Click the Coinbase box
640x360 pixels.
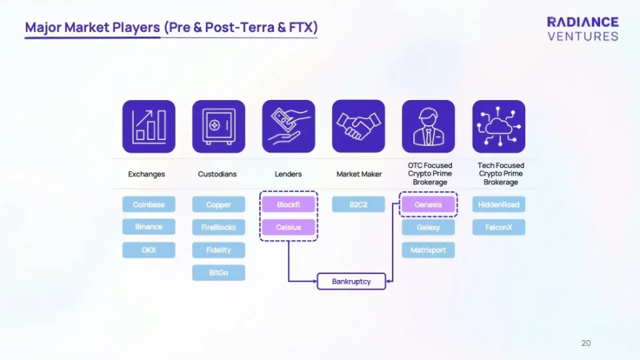tap(149, 204)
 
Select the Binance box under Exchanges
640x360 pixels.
tap(149, 227)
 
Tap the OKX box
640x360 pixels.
tap(149, 250)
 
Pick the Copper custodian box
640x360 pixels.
tap(219, 204)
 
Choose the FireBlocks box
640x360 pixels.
tap(219, 227)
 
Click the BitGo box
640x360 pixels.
tap(219, 273)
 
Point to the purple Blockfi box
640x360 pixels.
tap(288, 204)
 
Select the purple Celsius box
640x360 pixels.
tap(288, 227)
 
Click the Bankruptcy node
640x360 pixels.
tap(352, 281)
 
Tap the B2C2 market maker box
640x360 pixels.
tap(359, 204)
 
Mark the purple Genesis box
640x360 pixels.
tap(428, 204)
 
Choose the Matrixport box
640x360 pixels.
tap(428, 250)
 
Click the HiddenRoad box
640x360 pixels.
tap(499, 204)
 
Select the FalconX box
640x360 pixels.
tap(499, 227)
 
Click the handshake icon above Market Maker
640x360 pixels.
tap(359, 127)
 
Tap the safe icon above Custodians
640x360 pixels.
tap(219, 127)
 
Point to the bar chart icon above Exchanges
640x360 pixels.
tap(149, 127)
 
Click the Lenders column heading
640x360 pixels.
tap(288, 174)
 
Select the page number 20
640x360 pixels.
tap(586, 343)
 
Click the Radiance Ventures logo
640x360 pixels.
tap(582, 29)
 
